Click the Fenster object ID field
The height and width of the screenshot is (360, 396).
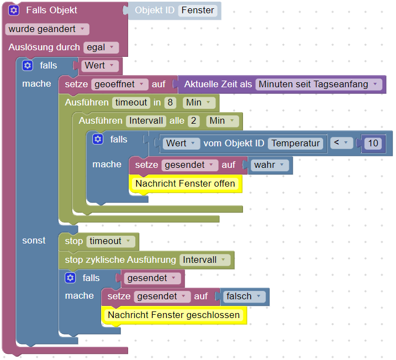197,10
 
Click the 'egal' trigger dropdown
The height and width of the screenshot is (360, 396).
101,47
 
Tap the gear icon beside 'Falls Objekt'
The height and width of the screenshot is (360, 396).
14,10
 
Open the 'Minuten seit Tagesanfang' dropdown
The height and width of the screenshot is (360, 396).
319,84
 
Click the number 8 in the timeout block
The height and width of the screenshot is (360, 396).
170,102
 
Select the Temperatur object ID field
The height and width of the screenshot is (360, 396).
295,143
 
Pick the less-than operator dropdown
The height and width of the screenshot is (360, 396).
341,143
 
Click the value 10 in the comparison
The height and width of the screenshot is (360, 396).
373,144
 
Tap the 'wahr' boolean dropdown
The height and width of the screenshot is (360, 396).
270,165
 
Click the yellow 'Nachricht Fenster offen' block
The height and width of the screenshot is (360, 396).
186,183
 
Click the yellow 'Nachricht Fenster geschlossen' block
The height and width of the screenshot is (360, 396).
174,315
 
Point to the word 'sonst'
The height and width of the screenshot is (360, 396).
34,241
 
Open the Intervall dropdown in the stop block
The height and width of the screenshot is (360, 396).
204,260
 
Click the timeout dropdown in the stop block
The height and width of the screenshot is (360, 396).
111,241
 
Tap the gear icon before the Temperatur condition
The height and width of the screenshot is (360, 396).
98,139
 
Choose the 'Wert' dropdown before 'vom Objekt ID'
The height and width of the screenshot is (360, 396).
181,143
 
